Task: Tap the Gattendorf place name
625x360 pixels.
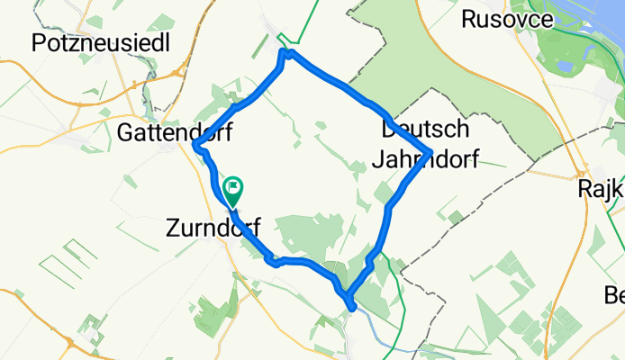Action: (175, 133)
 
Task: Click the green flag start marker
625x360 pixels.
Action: (233, 189)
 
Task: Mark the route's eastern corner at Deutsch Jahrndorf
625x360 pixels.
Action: (432, 150)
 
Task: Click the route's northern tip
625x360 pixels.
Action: (285, 52)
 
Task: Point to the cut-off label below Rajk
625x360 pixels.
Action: (616, 294)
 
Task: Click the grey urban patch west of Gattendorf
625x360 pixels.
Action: (72, 139)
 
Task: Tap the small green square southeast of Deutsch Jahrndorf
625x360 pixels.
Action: (457, 217)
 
